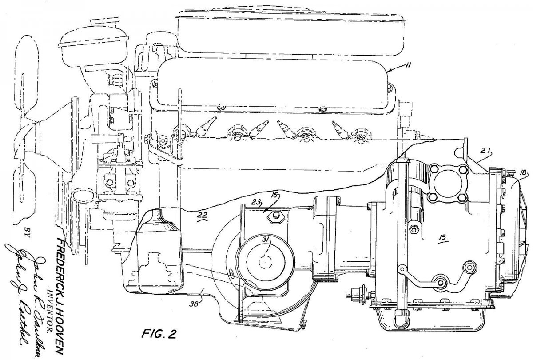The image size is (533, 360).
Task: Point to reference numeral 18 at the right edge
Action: click(523, 172)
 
